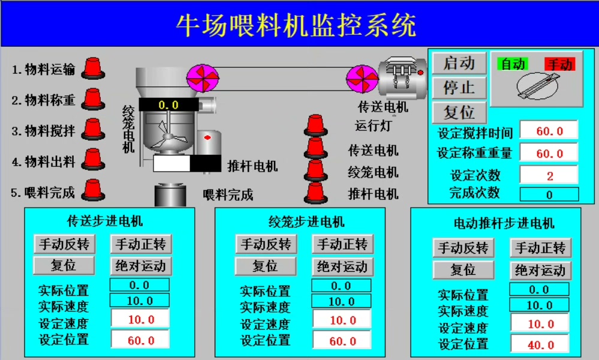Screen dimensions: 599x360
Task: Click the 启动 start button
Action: pyautogui.click(x=459, y=63)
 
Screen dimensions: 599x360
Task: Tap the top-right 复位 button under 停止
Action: pyautogui.click(x=459, y=112)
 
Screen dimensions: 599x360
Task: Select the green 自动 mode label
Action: pyautogui.click(x=513, y=64)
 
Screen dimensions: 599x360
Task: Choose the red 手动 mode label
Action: pyautogui.click(x=560, y=64)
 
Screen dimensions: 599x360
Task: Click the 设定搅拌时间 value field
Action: pyautogui.click(x=549, y=131)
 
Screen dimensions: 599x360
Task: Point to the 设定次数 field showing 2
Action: pyautogui.click(x=549, y=175)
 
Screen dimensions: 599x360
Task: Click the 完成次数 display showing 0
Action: pyautogui.click(x=549, y=194)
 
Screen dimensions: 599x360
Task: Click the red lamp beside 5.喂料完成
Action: pyautogui.click(x=92, y=190)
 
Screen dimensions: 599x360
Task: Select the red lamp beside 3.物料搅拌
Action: pyautogui.click(x=92, y=128)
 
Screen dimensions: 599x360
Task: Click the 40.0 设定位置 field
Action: pyautogui.click(x=540, y=345)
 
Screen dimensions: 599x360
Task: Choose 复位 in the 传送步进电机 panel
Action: pyautogui.click(x=64, y=265)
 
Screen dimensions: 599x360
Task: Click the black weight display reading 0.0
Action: pyautogui.click(x=168, y=105)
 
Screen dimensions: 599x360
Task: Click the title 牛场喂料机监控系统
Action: pyautogui.click(x=296, y=25)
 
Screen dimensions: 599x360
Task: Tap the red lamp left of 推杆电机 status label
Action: pyautogui.click(x=315, y=193)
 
